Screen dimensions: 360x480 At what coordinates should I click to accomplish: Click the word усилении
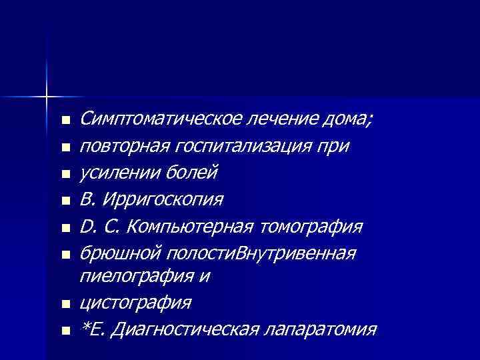coord(111,173)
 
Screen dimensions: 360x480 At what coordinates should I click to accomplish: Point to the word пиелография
coord(127,276)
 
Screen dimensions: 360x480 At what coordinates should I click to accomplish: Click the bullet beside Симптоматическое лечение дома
coord(63,121)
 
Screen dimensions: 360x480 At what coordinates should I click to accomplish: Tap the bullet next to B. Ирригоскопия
coord(63,201)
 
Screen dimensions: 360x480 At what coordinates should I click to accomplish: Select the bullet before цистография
coord(63,304)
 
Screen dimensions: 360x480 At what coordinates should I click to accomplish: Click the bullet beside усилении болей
coord(63,174)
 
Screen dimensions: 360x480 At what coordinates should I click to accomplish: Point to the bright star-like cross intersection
coord(47,97)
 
